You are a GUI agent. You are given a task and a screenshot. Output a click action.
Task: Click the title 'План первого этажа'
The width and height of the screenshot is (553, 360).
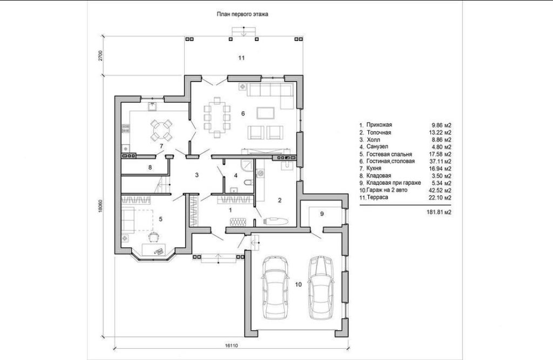(x=242, y=15)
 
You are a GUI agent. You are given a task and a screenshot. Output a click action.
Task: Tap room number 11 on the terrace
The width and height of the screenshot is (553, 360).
(x=241, y=58)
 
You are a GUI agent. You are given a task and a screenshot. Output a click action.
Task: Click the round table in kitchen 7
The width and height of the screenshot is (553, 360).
(x=161, y=130)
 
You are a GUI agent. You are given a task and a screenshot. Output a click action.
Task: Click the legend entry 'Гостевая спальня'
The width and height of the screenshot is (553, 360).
(x=389, y=154)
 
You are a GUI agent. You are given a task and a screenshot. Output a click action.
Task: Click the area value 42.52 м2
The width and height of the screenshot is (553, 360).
(x=439, y=191)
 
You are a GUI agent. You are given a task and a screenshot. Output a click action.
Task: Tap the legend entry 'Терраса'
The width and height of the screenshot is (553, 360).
(x=377, y=198)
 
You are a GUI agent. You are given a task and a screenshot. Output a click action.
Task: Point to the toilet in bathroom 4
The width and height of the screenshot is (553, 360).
(x=248, y=182)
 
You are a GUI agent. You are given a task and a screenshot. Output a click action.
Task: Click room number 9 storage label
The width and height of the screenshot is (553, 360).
(x=322, y=214)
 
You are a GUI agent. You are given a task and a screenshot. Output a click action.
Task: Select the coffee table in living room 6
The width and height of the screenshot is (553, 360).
(x=266, y=113)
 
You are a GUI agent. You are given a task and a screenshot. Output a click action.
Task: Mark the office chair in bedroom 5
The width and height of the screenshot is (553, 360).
(x=153, y=236)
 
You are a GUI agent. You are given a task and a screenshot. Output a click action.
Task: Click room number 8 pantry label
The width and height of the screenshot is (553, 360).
(x=150, y=167)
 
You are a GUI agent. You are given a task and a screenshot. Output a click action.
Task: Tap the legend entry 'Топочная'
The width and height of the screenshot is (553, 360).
(x=379, y=133)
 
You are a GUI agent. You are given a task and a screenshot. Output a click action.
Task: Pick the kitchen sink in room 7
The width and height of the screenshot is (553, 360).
(x=153, y=106)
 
